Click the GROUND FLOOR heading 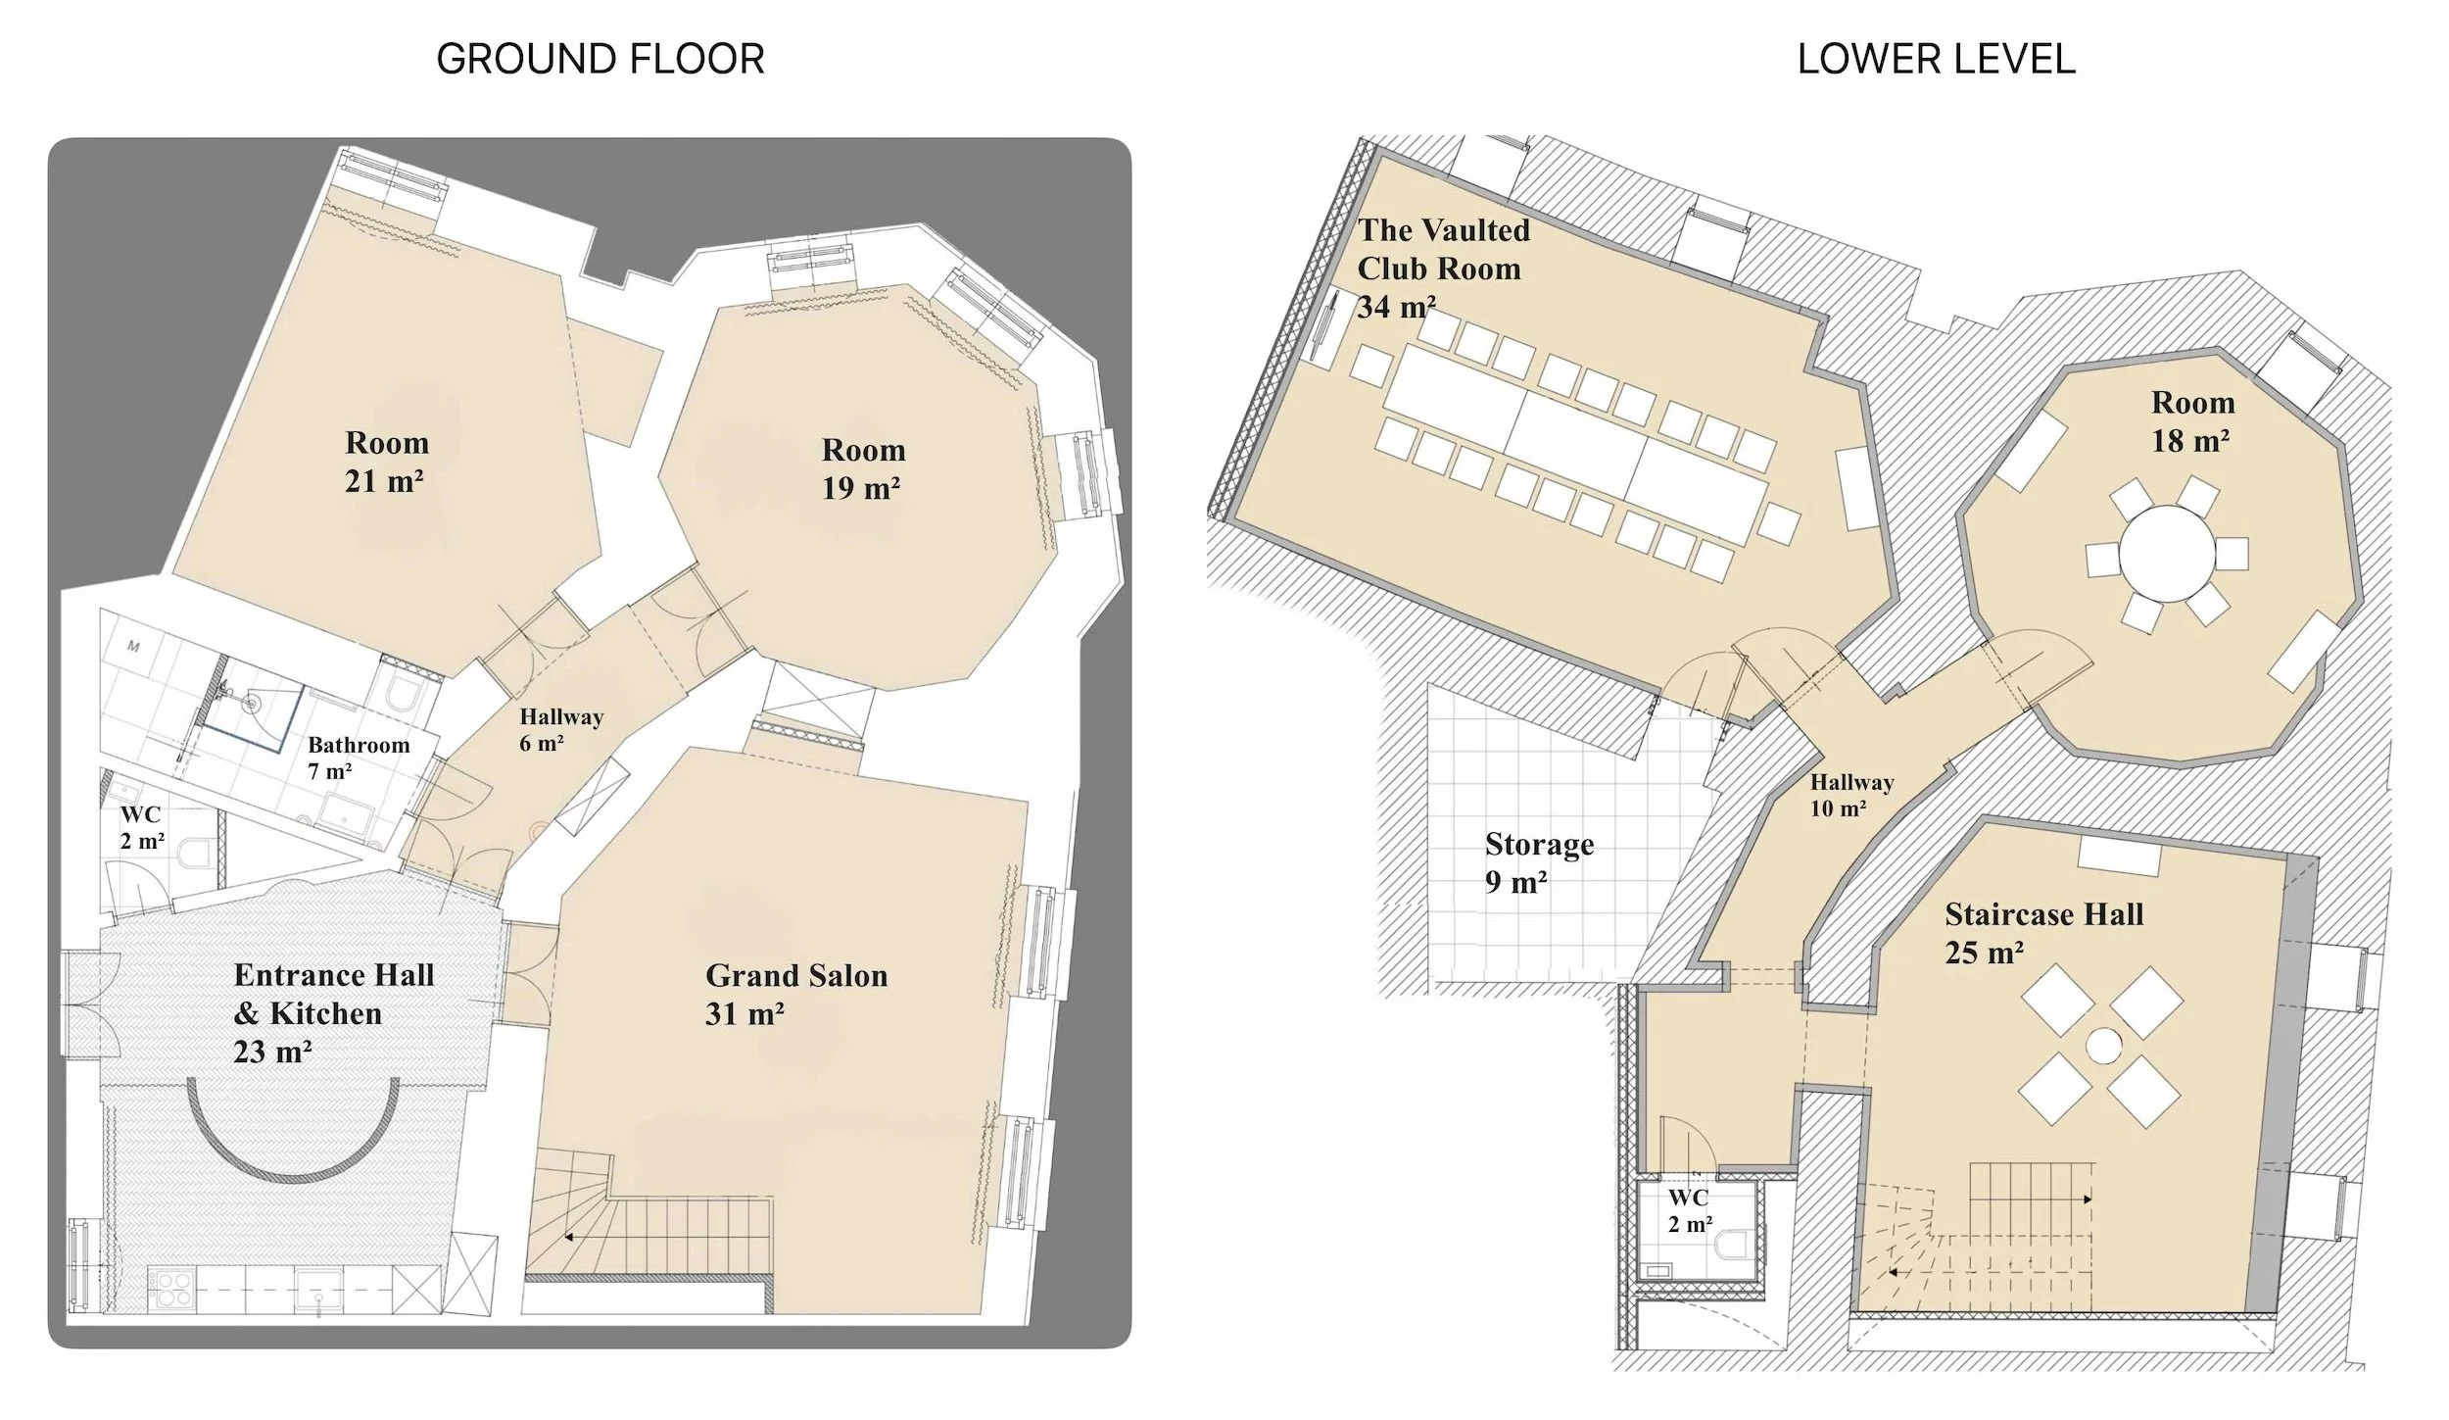[x=600, y=59]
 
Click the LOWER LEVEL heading [x=1936, y=59]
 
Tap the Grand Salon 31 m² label [x=795, y=994]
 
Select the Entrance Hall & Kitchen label [x=333, y=1012]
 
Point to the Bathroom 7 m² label [x=359, y=757]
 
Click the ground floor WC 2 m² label [x=141, y=826]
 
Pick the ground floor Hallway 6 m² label [x=560, y=729]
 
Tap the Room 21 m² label [x=386, y=461]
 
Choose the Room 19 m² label [x=862, y=467]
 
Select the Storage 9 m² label [x=1538, y=862]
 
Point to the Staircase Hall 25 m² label [x=2043, y=932]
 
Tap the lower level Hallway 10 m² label [x=1850, y=794]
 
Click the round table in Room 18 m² [x=2167, y=553]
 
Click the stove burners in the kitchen [x=172, y=1287]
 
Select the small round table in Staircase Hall [x=2102, y=1044]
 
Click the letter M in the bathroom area [x=133, y=647]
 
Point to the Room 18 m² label [x=2192, y=420]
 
